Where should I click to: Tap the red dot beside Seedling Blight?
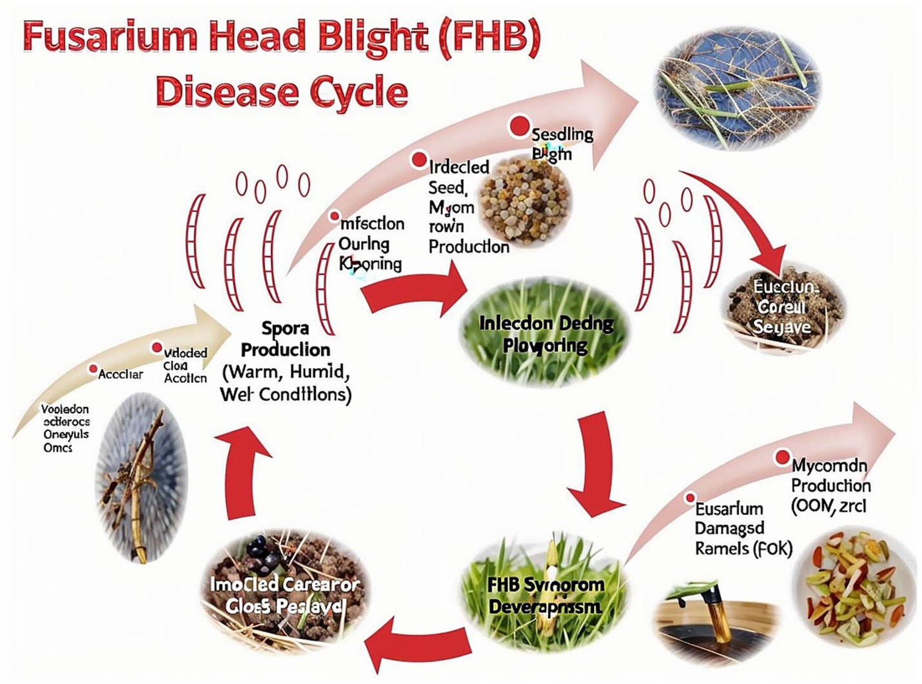coord(519,127)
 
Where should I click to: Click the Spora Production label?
coord(285,339)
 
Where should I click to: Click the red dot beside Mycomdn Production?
coord(782,457)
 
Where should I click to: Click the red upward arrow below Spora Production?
coord(243,471)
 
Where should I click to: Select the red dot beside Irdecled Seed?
coord(419,159)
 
